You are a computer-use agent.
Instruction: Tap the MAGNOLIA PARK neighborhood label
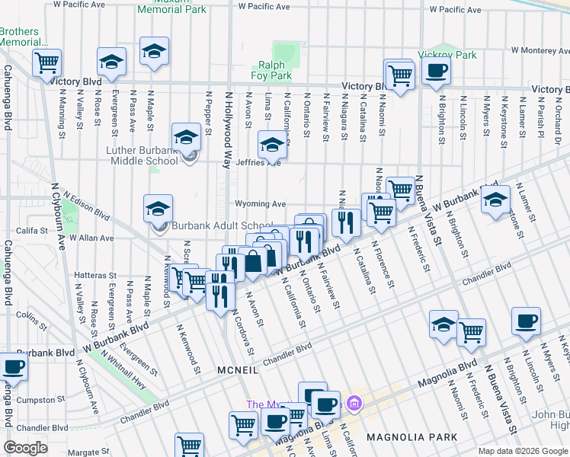point(411,437)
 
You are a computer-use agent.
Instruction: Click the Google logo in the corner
point(26,448)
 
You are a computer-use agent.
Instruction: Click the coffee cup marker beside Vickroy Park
point(436,72)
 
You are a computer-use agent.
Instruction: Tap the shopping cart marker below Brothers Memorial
point(47,62)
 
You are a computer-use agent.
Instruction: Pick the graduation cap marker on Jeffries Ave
point(271,143)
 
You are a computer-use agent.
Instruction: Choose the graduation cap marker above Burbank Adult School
point(158,208)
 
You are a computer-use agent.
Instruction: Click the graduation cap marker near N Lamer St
point(495,200)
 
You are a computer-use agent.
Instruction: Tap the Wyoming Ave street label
point(260,204)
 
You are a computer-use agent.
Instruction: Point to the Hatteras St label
point(95,275)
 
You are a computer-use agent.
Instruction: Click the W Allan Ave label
point(91,238)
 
